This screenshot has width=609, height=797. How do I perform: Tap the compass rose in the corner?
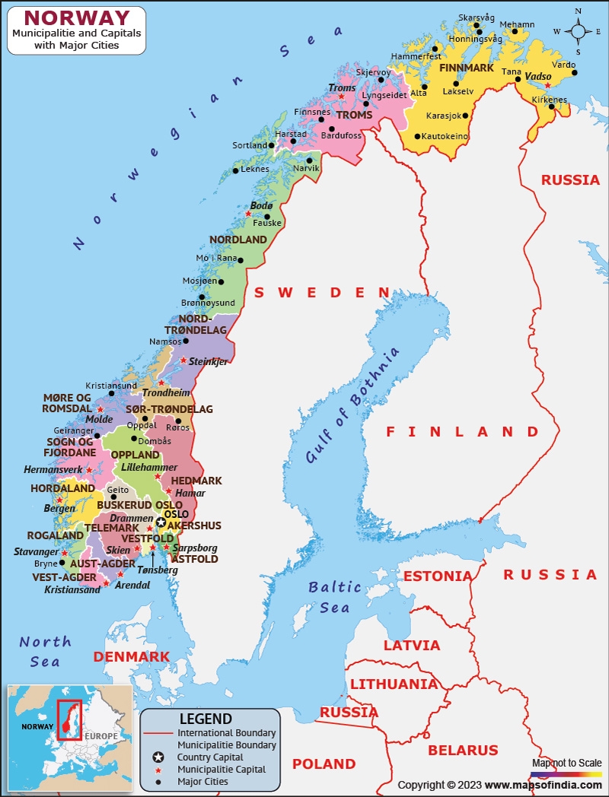[578, 31]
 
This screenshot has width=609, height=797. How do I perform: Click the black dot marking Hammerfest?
[435, 48]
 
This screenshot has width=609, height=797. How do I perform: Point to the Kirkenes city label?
[549, 100]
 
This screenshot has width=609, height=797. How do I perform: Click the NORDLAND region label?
[238, 240]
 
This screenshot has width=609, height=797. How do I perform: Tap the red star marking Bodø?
[248, 214]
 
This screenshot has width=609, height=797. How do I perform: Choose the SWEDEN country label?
[321, 293]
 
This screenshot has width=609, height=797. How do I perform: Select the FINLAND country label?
[462, 431]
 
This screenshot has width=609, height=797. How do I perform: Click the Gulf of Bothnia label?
[352, 407]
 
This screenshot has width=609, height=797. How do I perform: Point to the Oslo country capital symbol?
[161, 522]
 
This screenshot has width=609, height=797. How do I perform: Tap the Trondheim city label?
[166, 393]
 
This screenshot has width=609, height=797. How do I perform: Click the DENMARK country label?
[131, 656]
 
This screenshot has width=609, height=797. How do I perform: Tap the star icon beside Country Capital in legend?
[158, 757]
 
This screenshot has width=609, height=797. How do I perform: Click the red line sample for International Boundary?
[158, 733]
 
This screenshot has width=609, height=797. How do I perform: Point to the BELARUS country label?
[463, 751]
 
